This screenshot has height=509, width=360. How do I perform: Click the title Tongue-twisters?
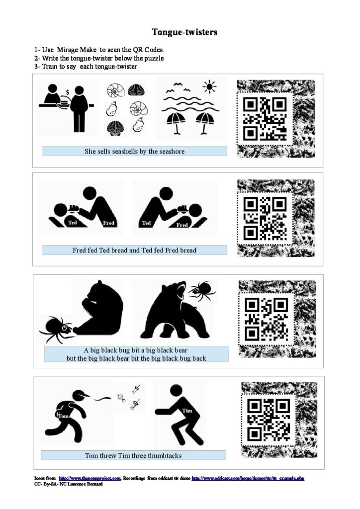(x=184, y=32)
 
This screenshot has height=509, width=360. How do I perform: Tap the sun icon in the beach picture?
(x=209, y=86)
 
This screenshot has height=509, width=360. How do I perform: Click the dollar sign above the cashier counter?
(x=68, y=92)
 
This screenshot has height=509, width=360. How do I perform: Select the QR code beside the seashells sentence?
(x=265, y=119)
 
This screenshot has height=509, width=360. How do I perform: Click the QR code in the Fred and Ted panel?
(x=265, y=219)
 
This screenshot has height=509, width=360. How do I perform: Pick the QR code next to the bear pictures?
(x=266, y=319)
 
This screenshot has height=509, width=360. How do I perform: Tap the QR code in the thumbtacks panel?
(x=269, y=420)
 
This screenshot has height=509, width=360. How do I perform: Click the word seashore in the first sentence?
(x=172, y=151)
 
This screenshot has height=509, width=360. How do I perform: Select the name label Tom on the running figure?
(x=64, y=416)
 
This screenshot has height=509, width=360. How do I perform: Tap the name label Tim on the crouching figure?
(x=187, y=411)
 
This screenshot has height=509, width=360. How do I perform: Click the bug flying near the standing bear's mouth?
(x=202, y=290)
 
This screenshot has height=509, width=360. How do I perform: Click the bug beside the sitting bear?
(x=57, y=329)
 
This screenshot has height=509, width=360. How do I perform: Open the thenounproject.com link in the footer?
(x=90, y=478)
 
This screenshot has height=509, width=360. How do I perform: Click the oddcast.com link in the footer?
(x=248, y=478)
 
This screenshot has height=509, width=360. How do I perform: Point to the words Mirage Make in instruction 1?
(x=77, y=50)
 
